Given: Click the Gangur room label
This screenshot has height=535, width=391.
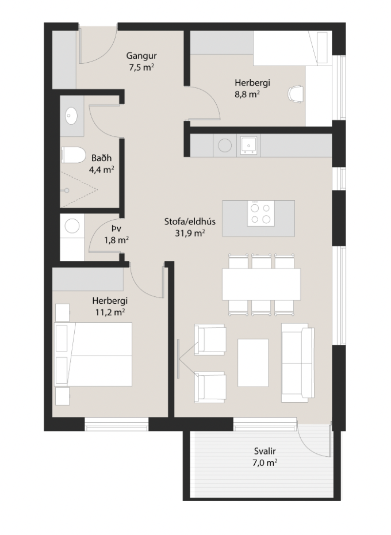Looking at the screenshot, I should point(141,56).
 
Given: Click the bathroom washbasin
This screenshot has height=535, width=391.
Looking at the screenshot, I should point(72,116).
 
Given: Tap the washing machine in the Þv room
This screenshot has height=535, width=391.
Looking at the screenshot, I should point(72,227).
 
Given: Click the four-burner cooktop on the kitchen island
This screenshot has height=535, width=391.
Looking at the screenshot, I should point(259,213).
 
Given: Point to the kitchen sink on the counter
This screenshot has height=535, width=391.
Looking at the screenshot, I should point(249,144).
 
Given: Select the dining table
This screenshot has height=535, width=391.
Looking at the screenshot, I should point(262,284).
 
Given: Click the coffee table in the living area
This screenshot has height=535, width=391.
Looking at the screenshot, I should point(253,363).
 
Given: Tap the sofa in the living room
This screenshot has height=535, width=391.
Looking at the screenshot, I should point(297,363).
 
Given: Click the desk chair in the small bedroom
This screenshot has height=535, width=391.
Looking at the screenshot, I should point(296,94).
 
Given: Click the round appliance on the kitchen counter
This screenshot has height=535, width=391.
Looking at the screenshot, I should point(224,145).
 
